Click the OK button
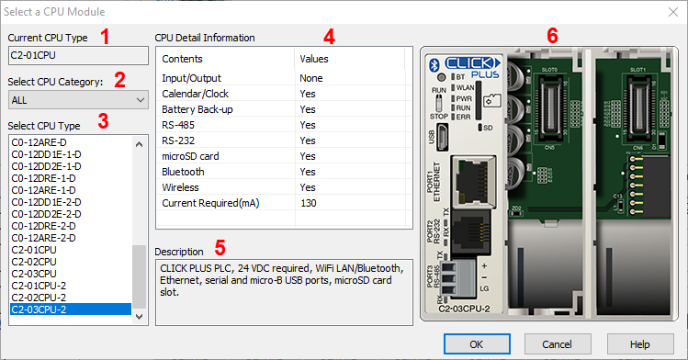pos(475,343)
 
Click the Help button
pos(640,343)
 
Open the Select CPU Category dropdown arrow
pos(140,98)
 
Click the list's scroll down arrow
pos(140,316)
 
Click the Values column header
pos(314,59)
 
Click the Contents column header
pos(182,59)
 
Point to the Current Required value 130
pos(309,202)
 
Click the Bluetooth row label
pos(184,172)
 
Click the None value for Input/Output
pos(310,78)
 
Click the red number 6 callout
pos(552,36)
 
